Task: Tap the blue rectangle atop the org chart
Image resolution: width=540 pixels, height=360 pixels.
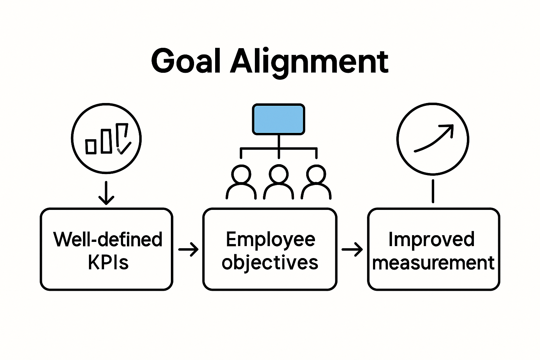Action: point(278,119)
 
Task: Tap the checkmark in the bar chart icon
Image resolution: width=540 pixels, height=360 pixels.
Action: point(124,148)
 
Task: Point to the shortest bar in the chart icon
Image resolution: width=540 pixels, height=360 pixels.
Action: point(91,146)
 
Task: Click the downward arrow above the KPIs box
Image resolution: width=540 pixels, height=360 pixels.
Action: point(106,193)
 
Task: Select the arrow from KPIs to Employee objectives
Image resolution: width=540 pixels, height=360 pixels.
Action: point(188,249)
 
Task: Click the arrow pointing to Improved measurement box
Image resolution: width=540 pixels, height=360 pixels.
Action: point(352,249)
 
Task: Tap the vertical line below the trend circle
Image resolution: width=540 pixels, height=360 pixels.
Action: point(433,191)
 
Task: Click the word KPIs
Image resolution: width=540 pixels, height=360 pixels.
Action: point(108,262)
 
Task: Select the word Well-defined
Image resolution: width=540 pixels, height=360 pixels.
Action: point(108,239)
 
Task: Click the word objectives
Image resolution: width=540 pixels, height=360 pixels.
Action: point(270,263)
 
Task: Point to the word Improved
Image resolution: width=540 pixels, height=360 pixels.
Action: point(431,239)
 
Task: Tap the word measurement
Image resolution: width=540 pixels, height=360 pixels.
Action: point(433,263)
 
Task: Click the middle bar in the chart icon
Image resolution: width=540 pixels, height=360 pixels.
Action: point(107,141)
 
